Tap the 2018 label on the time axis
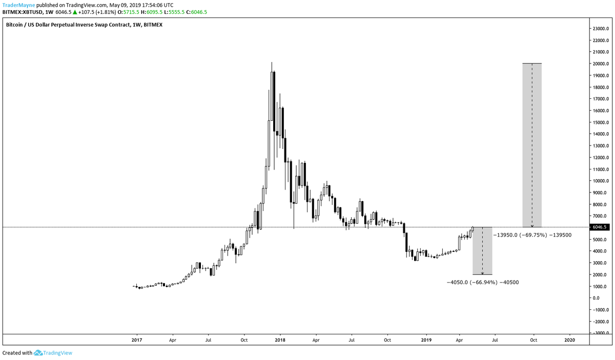click(x=280, y=340)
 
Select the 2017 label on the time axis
click(x=136, y=340)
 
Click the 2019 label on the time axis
click(x=426, y=340)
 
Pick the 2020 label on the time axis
click(x=569, y=340)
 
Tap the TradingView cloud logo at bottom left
click(x=38, y=353)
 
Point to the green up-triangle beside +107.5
click(x=76, y=12)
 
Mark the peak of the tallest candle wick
click(x=272, y=62)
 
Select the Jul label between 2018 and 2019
click(x=352, y=340)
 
